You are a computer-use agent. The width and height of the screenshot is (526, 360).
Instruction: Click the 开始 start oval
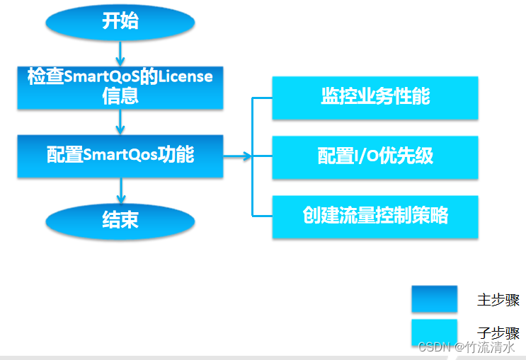pos(120,21)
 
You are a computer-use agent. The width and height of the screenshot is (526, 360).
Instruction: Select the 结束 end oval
pos(120,221)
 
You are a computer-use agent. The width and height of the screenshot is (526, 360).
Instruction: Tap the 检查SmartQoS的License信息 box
pos(120,87)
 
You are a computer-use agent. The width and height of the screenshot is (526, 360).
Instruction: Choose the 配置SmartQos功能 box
pos(120,156)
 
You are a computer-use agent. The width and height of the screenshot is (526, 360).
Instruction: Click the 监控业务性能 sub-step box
pos(375,98)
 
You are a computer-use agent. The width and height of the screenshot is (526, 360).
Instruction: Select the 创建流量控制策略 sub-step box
pos(375,216)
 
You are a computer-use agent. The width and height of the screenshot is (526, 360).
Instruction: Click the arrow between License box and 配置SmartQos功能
pos(120,122)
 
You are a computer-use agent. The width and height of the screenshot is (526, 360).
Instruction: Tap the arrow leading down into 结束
pos(120,190)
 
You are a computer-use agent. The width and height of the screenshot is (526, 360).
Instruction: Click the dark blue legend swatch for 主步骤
pos(434,298)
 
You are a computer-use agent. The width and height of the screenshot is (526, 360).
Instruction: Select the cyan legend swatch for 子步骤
pos(434,332)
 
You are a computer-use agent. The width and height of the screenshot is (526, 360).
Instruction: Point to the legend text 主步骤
pos(498,300)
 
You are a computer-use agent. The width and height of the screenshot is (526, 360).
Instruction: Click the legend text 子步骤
pos(498,333)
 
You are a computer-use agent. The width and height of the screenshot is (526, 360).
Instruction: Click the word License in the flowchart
pos(185,77)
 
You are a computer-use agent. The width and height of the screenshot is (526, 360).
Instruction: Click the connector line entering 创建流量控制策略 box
pos(263,215)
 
